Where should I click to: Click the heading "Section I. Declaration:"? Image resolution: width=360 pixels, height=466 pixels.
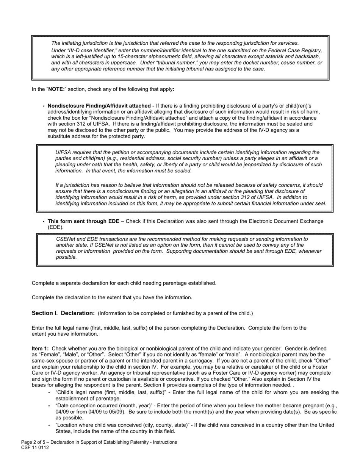pos(63,313)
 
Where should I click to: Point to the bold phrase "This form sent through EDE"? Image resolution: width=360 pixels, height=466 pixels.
pos(83,221)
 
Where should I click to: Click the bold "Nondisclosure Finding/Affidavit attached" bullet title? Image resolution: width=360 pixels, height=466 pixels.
pos(99,106)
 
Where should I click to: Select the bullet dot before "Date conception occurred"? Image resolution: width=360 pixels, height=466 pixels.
pos(49,406)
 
